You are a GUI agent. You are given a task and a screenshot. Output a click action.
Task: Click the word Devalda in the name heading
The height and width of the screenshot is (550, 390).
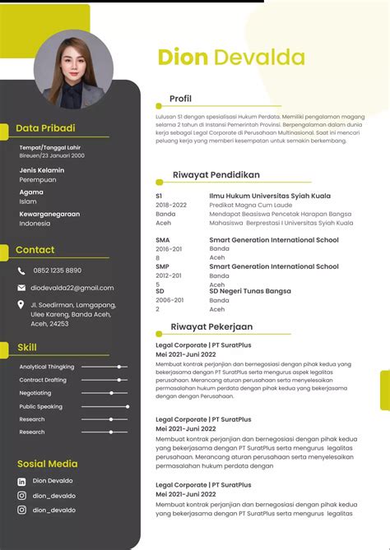point(259,57)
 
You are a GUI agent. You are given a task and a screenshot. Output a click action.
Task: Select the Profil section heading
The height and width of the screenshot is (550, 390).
point(180,99)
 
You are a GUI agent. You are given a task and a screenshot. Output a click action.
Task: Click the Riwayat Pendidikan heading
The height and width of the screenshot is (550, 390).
point(216,174)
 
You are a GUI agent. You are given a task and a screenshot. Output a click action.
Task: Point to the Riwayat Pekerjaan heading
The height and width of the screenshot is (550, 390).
point(211,326)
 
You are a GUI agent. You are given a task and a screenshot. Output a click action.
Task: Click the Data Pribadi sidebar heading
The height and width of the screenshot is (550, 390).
point(45,128)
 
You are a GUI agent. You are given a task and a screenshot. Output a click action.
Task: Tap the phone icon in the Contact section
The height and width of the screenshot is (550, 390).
point(22,270)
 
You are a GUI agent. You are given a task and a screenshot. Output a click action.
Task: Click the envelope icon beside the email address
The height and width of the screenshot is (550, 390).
point(22,288)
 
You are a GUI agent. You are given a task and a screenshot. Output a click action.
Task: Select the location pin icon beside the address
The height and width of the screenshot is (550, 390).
point(22,305)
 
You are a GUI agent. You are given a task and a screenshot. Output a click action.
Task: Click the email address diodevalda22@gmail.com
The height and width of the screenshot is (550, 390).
point(72,288)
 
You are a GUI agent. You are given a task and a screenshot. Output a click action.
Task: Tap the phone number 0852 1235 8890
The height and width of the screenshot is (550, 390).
point(58,270)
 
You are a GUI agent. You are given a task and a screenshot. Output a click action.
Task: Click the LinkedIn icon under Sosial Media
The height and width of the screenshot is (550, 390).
point(22,481)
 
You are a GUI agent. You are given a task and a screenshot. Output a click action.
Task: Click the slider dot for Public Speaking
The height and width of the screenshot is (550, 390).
point(128,406)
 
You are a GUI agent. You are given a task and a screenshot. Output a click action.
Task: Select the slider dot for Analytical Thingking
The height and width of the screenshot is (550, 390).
point(120,367)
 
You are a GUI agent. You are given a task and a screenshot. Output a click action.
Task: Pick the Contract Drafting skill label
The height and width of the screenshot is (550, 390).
point(43,380)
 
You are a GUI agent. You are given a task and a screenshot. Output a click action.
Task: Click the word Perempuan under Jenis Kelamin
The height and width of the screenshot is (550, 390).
point(38,179)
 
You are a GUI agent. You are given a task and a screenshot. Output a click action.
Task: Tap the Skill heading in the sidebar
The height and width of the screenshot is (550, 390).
point(27,347)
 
